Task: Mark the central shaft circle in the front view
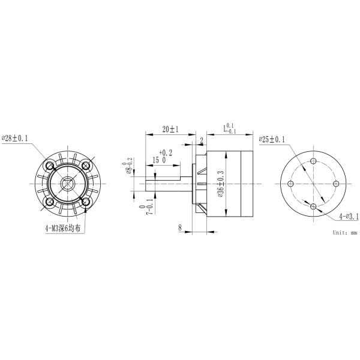(67, 184)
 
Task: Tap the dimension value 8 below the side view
(180, 227)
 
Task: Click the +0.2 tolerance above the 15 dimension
(166, 152)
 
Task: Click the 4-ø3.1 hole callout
(348, 216)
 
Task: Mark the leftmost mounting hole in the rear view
(292, 184)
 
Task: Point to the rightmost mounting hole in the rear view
(337, 184)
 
